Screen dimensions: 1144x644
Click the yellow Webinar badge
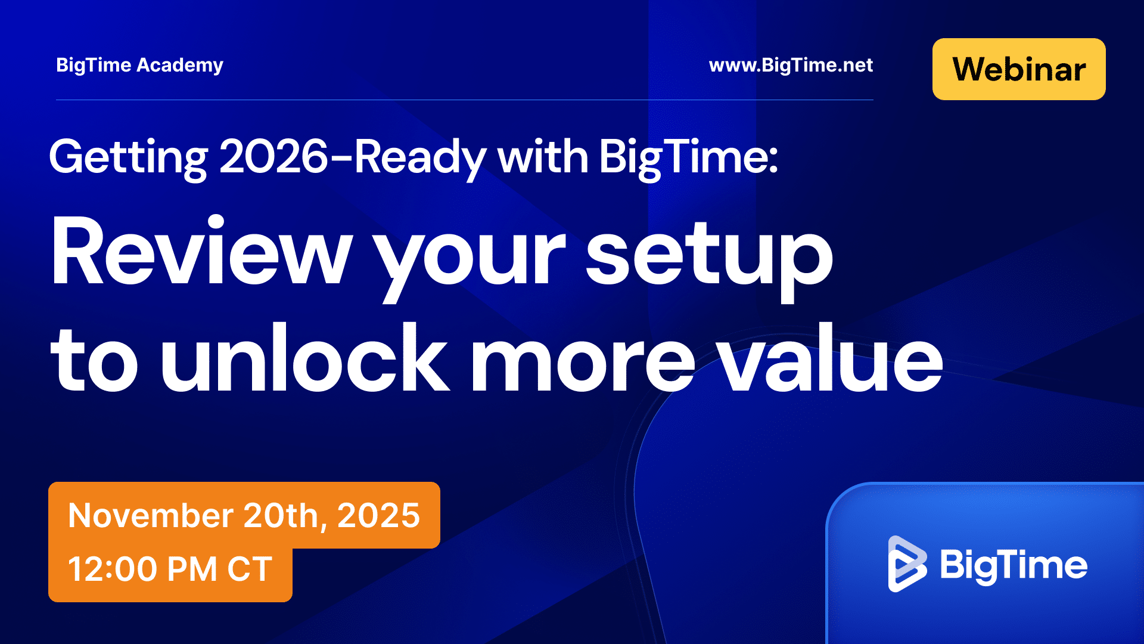pyautogui.click(x=1019, y=69)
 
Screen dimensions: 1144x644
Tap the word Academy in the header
pyautogui.click(x=180, y=66)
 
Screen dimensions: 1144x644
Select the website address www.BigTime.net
pyautogui.click(x=791, y=65)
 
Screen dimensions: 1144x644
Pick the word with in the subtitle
pyautogui.click(x=543, y=156)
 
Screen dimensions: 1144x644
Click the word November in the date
pyautogui.click(x=150, y=515)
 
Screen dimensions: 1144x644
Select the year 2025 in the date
pyautogui.click(x=379, y=515)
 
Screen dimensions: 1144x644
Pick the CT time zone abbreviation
pyautogui.click(x=250, y=569)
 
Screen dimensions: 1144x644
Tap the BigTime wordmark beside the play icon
pyautogui.click(x=1014, y=565)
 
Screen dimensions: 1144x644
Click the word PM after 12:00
pyautogui.click(x=192, y=569)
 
